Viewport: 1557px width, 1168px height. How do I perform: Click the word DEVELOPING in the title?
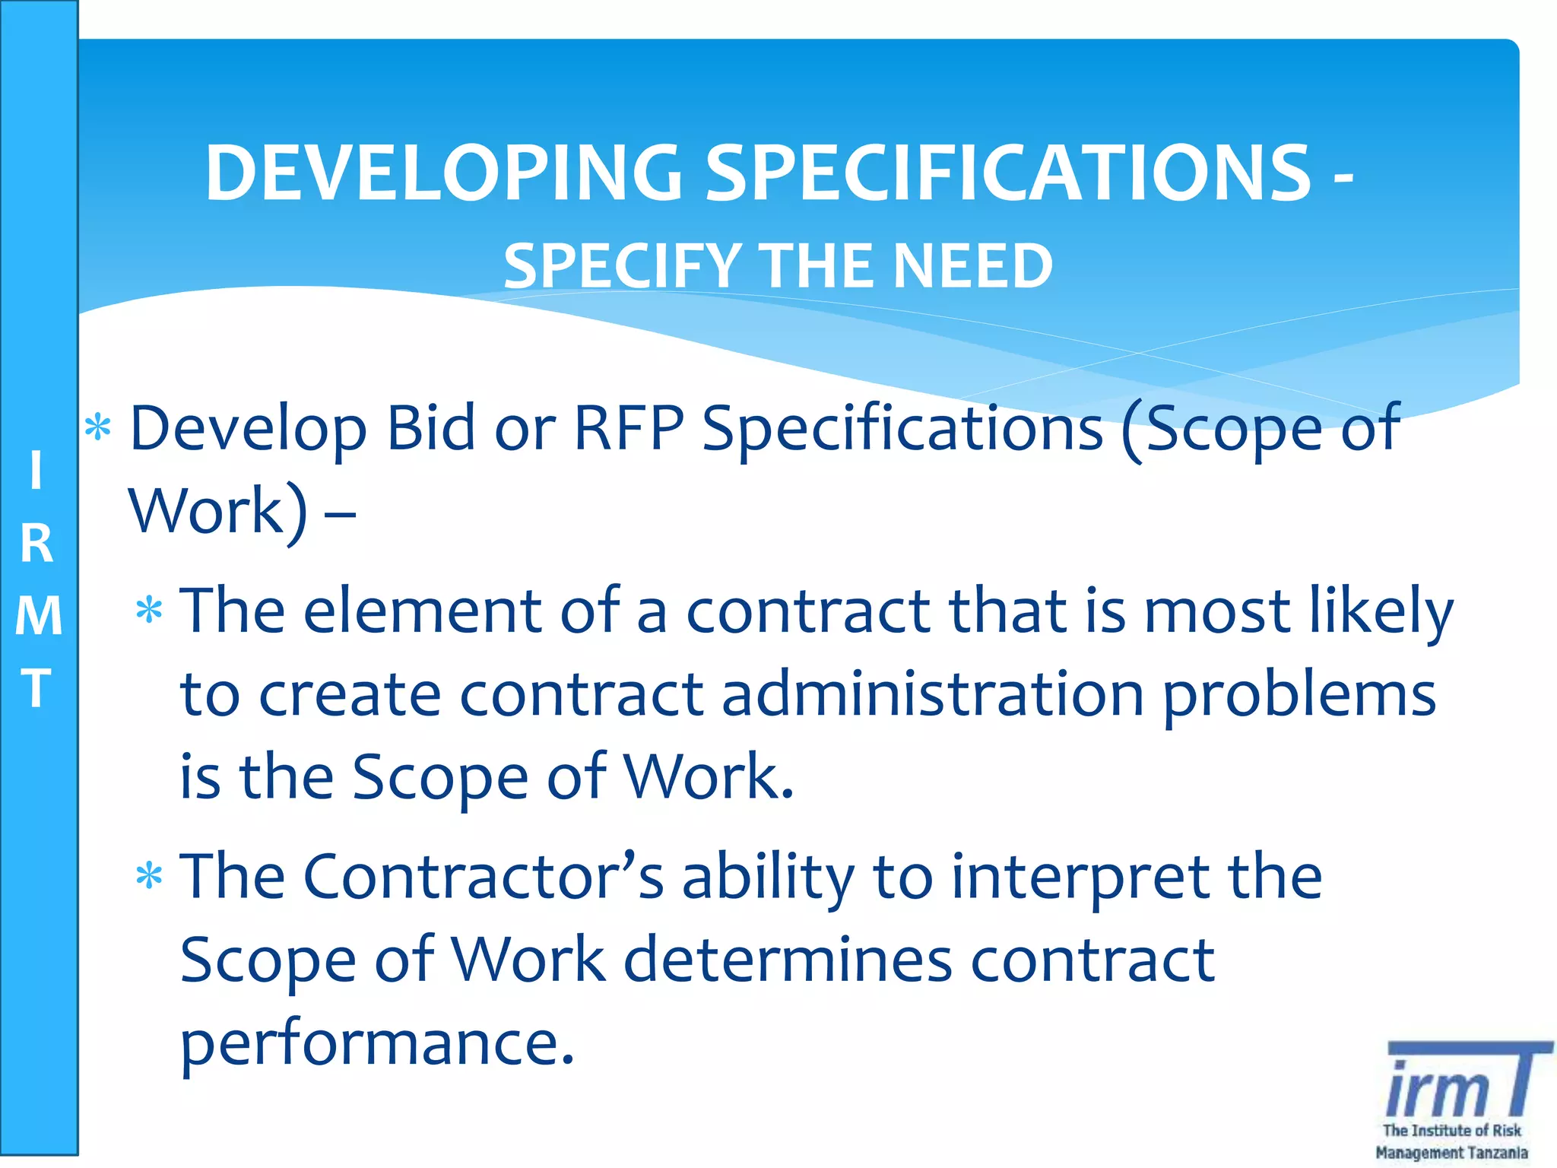[443, 173]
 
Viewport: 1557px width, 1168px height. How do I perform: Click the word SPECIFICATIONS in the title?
[1008, 173]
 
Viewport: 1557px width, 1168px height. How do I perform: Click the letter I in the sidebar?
[36, 470]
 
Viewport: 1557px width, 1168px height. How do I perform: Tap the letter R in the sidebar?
[36, 544]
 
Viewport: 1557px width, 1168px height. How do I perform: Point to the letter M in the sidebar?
[38, 616]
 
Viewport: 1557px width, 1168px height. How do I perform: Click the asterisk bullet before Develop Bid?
[98, 429]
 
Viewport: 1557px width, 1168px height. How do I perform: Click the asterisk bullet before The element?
[149, 611]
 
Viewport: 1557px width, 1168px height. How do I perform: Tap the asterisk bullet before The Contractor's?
[149, 877]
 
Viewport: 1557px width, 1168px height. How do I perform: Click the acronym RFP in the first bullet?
[629, 428]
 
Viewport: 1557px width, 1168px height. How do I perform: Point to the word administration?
[933, 693]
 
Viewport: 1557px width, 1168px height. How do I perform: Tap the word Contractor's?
[484, 876]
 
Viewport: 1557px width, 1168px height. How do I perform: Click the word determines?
[788, 960]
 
